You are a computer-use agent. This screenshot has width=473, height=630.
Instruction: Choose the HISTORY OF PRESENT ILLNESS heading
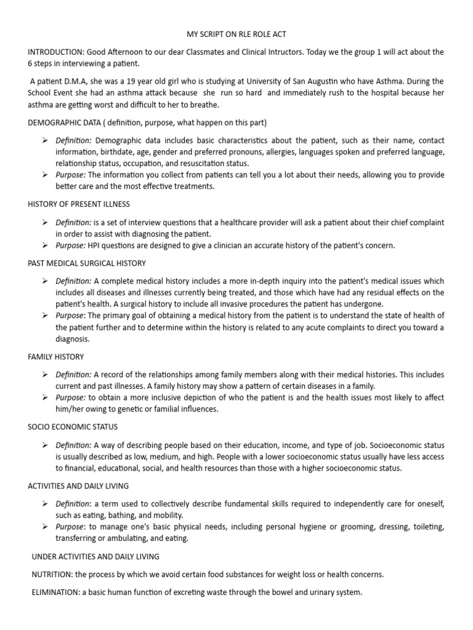[79, 203]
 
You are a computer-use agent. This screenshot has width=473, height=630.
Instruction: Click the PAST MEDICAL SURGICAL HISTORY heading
[87, 263]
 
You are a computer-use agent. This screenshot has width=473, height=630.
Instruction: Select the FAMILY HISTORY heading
[56, 356]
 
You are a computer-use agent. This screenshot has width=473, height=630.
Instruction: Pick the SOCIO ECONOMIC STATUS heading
[73, 426]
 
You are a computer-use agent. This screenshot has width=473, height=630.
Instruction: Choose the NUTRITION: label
[52, 575]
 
